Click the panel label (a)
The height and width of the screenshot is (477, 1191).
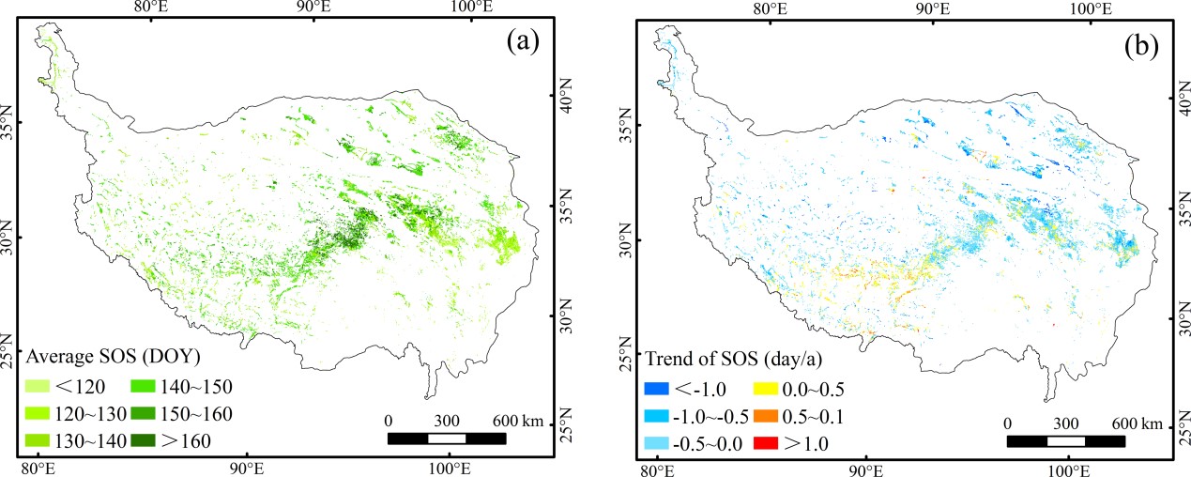pyautogui.click(x=521, y=41)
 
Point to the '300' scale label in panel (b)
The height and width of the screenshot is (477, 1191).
pyautogui.click(x=1065, y=422)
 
